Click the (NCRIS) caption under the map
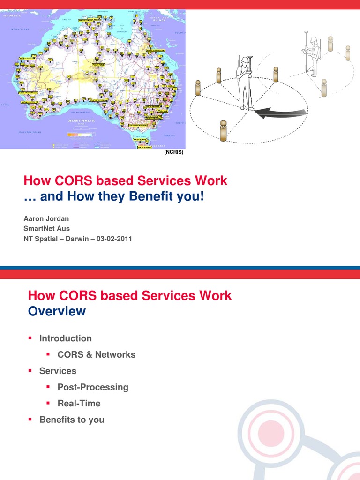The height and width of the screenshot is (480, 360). (173, 152)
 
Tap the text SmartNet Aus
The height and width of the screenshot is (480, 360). (46, 229)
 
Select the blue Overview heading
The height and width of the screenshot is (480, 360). (57, 311)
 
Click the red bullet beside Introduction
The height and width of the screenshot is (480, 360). (30, 338)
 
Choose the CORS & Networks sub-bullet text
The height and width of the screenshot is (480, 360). (96, 354)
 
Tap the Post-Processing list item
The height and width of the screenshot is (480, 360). (92, 387)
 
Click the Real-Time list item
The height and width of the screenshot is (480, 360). (79, 403)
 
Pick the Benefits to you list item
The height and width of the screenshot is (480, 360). (72, 420)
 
